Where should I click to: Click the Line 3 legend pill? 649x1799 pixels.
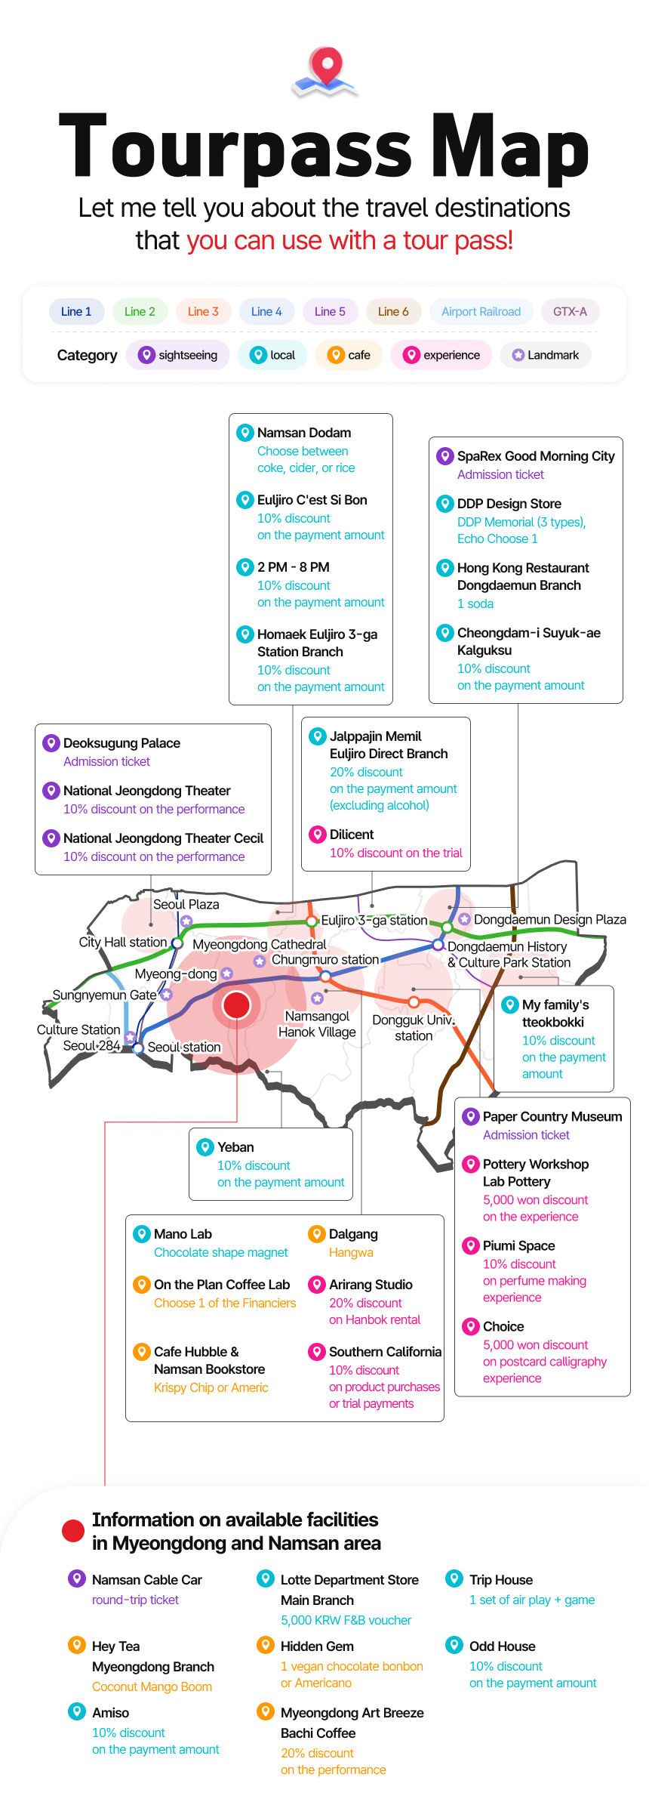203,311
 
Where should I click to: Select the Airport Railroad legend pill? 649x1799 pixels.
481,311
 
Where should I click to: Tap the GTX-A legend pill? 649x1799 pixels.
570,311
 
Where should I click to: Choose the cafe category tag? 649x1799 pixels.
349,355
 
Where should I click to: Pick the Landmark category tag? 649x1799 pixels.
546,355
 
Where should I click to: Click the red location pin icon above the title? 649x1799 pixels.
326,66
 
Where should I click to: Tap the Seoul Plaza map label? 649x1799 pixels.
186,904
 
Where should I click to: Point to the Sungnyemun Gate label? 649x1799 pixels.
104,995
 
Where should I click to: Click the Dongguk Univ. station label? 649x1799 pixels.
414,1027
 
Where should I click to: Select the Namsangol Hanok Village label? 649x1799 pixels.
317,1024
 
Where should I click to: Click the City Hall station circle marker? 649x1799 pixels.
177,943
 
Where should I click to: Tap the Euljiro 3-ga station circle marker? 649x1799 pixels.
312,921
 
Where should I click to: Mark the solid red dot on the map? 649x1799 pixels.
236,1005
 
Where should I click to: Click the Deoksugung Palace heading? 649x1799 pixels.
121,743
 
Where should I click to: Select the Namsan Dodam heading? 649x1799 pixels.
304,433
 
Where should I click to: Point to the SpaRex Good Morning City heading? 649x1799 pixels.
536,456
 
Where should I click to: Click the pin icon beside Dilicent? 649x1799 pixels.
318,834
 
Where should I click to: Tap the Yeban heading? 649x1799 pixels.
235,1147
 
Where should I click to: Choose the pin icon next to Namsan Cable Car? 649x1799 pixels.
76,1578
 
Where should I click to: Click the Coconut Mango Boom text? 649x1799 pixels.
152,1686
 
